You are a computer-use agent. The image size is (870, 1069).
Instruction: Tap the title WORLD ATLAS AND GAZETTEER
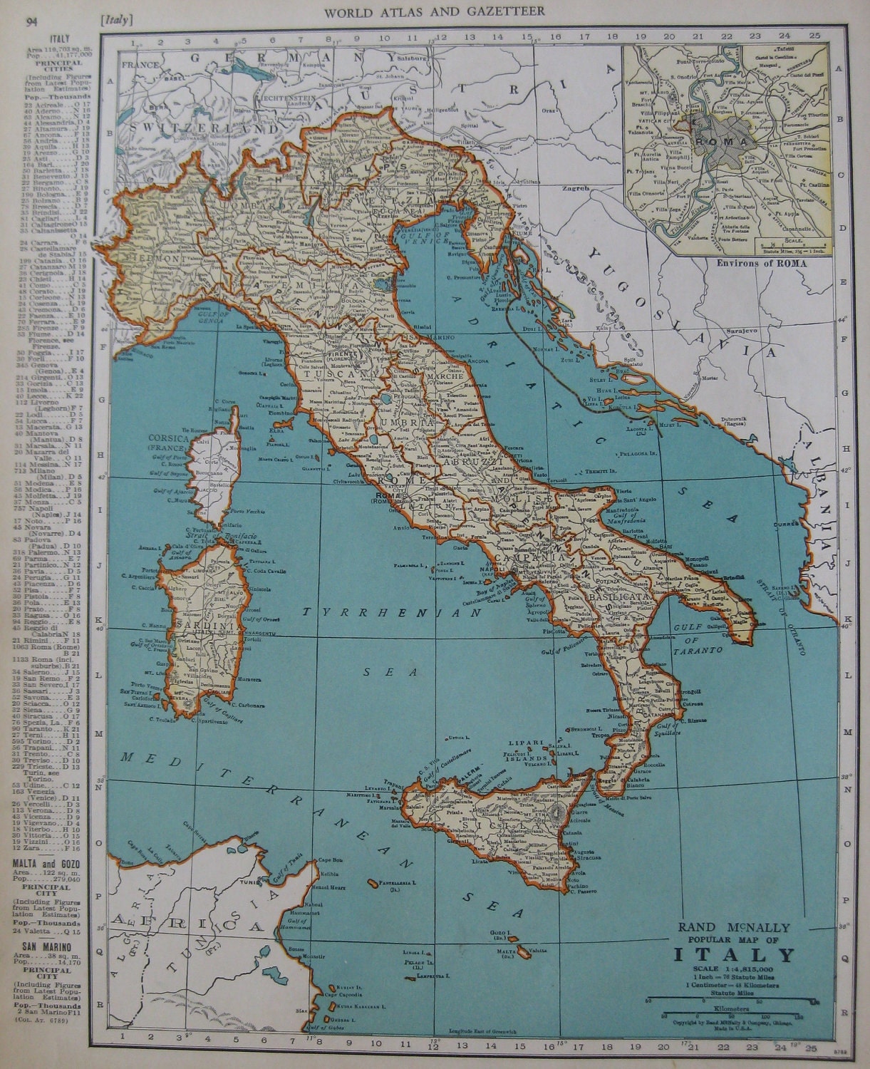click(x=435, y=11)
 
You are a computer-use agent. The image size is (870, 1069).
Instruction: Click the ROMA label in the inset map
click(x=729, y=140)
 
